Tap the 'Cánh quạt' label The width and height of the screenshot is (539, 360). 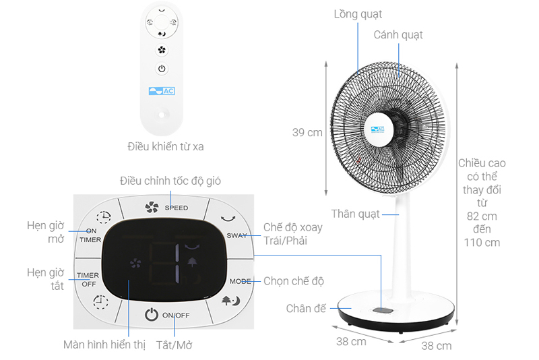point(399,34)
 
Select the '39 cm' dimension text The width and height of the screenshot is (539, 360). point(307,133)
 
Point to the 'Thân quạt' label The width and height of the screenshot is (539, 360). point(355,214)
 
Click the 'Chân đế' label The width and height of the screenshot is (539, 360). point(305,308)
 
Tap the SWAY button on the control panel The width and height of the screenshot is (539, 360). point(236,235)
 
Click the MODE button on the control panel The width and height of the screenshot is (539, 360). point(240,280)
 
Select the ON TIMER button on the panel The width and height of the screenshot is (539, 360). point(91,235)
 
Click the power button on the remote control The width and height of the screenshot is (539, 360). point(161,68)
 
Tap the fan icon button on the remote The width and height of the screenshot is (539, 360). point(161,50)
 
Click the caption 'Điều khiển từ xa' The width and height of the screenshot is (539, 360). point(165,146)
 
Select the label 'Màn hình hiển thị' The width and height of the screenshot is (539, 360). point(104,344)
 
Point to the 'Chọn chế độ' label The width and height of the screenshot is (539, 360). point(293,280)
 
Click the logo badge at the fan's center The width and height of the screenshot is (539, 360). point(376,128)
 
